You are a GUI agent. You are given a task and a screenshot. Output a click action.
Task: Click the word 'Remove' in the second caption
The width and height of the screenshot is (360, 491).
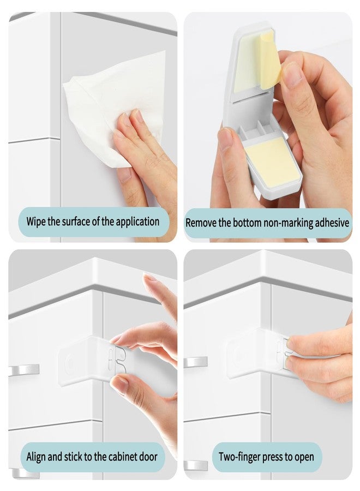click(x=201, y=223)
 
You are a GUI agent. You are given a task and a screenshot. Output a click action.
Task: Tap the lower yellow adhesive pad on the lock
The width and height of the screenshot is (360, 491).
click(x=271, y=161)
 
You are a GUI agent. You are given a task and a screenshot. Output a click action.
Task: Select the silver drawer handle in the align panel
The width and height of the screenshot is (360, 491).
click(x=25, y=370)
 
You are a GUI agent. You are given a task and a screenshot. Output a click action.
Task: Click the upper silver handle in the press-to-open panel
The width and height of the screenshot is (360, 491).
click(x=195, y=362)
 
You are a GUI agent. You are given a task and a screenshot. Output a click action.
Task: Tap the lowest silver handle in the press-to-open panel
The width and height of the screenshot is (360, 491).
click(x=195, y=465)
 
